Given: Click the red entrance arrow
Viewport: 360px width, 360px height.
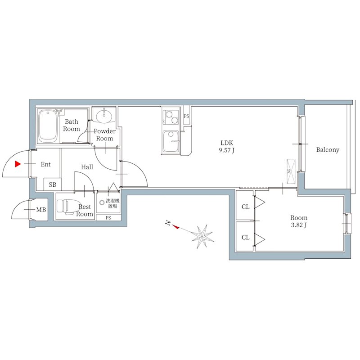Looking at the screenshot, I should [x=18, y=164].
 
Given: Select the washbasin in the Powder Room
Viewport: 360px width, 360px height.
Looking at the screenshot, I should [x=104, y=117].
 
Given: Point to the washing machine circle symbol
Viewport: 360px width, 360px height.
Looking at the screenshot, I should [x=102, y=202].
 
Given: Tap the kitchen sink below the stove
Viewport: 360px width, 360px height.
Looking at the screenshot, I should [x=171, y=141].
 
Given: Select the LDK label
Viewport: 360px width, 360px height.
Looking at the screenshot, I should [x=227, y=143].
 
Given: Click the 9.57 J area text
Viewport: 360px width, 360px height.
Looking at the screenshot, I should [x=227, y=151].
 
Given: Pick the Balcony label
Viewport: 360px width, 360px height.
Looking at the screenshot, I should [x=327, y=150].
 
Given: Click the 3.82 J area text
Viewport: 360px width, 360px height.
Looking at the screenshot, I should [x=299, y=225].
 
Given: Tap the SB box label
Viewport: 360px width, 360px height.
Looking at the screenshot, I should [x=53, y=184].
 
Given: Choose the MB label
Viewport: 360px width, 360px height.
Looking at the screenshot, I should [x=41, y=210].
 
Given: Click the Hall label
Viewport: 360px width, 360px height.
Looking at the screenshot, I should [x=87, y=167].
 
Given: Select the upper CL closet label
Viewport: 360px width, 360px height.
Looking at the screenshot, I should [x=245, y=207].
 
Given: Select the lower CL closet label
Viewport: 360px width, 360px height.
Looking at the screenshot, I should [x=245, y=237].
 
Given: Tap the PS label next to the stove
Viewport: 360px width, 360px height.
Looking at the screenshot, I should [x=187, y=117].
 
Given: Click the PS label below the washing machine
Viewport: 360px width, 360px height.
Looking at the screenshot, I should [x=108, y=218].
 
